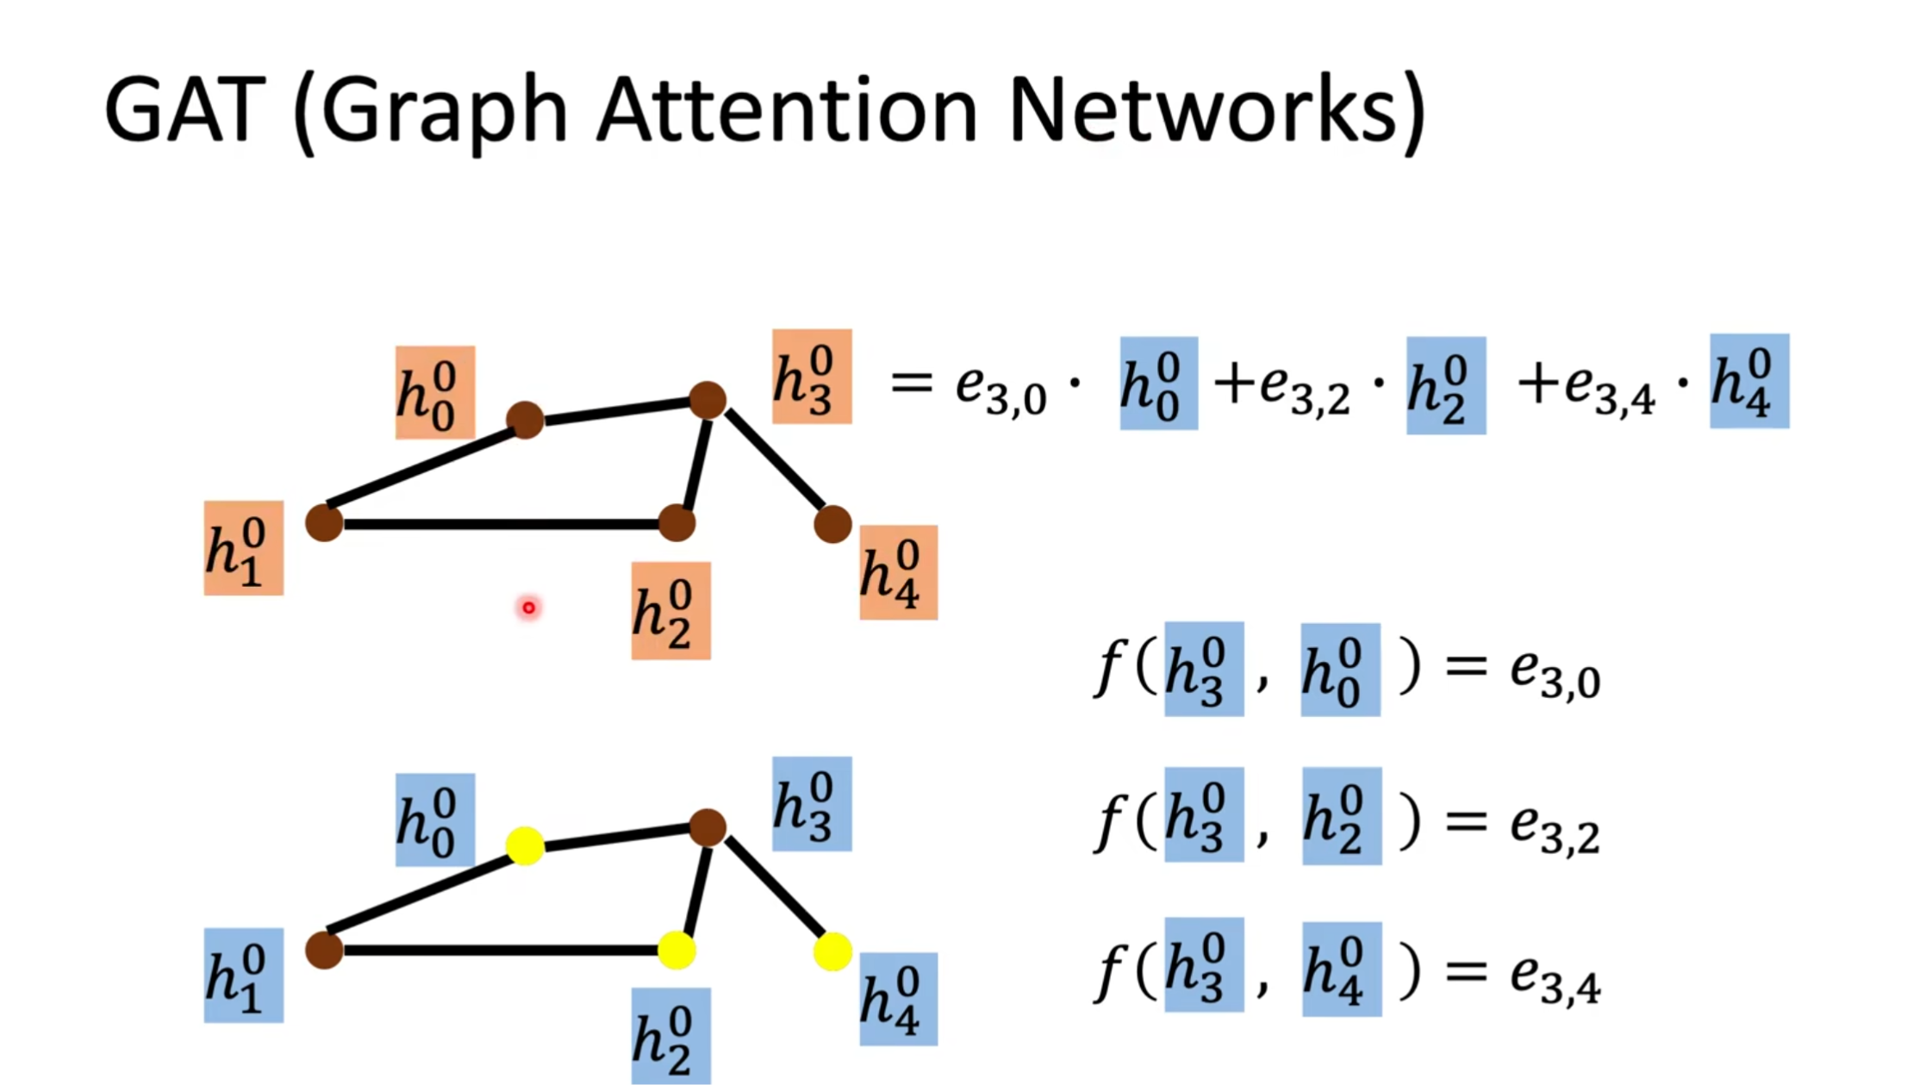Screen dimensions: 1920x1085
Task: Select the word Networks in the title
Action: pyautogui.click(x=1201, y=110)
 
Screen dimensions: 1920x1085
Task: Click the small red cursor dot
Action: pyautogui.click(x=528, y=608)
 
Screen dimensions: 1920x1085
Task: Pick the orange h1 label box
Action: pyautogui.click(x=243, y=548)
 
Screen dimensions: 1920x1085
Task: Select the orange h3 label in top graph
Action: pyautogui.click(x=812, y=377)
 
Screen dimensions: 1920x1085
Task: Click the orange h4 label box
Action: pyautogui.click(x=898, y=572)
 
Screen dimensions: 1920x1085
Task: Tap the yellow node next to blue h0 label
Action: pyautogui.click(x=525, y=845)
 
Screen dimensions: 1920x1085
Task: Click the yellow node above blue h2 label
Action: pyautogui.click(x=676, y=951)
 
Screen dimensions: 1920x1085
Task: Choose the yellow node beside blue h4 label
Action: pyautogui.click(x=832, y=951)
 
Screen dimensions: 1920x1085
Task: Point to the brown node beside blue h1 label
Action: pyautogui.click(x=324, y=951)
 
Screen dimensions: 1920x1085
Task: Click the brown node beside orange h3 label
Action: pyautogui.click(x=708, y=400)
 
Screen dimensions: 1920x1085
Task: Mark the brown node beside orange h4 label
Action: pyautogui.click(x=832, y=524)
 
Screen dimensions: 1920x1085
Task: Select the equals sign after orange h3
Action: pyautogui.click(x=911, y=382)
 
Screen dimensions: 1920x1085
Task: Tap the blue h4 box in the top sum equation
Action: pyautogui.click(x=1749, y=381)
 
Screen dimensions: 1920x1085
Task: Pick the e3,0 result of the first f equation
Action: pyautogui.click(x=1555, y=673)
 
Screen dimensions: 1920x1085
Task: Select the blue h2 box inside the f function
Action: pyautogui.click(x=1341, y=816)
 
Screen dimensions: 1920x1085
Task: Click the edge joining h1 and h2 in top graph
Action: pyautogui.click(x=500, y=524)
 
